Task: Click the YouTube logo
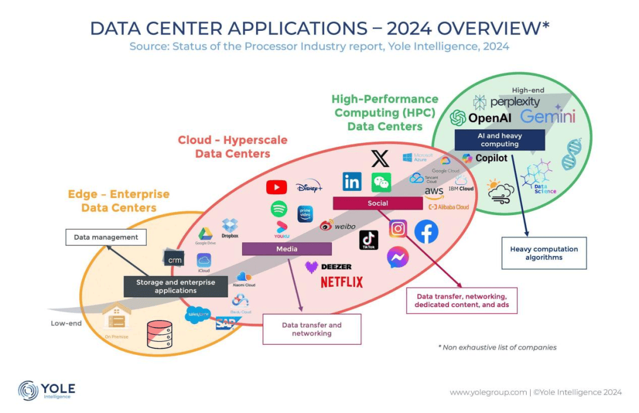click(276, 187)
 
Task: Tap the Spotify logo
click(279, 209)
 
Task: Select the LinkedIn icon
click(352, 182)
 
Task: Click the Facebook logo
click(426, 231)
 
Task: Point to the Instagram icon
click(398, 229)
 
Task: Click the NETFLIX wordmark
click(341, 282)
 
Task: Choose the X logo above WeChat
click(380, 158)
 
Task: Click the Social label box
click(377, 203)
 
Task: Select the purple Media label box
click(286, 249)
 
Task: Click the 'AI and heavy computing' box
click(499, 140)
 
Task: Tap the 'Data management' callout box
click(106, 238)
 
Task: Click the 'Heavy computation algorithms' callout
click(544, 253)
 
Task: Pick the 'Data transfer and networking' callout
click(311, 329)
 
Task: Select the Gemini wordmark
click(547, 116)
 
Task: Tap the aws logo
click(434, 192)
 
